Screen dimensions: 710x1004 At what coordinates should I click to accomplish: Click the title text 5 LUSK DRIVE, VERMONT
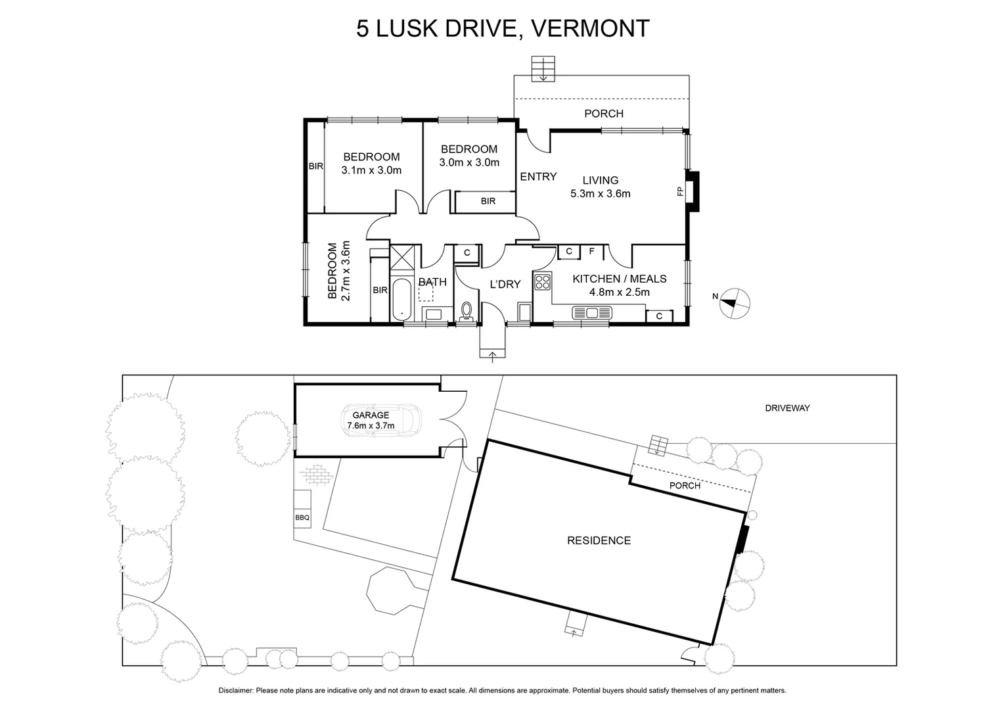(503, 28)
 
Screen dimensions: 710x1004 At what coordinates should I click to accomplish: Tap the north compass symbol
(735, 303)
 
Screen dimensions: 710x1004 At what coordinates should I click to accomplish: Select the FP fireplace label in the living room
(680, 191)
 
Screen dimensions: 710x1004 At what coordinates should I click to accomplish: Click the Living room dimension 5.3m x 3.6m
(600, 193)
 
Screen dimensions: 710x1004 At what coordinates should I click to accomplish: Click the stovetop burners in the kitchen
(543, 282)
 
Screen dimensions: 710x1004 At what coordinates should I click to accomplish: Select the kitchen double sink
(591, 312)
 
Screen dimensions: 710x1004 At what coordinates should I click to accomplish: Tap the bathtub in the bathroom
(400, 300)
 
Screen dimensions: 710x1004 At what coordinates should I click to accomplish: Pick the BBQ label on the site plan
(302, 517)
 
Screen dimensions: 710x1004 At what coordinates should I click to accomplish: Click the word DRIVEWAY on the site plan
(787, 408)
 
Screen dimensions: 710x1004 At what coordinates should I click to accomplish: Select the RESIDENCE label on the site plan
(599, 540)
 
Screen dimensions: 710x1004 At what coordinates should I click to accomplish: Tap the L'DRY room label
(505, 284)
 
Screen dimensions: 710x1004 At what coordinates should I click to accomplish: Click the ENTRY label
(538, 176)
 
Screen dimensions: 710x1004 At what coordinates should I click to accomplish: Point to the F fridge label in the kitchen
(591, 251)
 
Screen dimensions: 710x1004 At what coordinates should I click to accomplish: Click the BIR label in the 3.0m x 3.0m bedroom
(488, 201)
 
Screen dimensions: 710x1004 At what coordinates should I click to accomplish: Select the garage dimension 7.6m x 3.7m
(371, 425)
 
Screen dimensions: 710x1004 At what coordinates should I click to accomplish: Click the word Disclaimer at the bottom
(236, 690)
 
